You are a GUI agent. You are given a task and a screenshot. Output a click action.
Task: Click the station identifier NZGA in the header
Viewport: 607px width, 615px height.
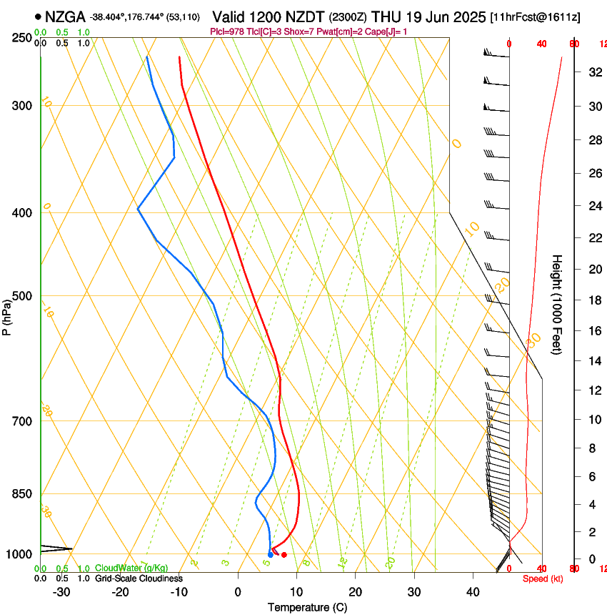click(x=65, y=16)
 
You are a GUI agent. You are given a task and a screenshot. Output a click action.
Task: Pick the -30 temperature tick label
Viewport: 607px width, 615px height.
click(x=61, y=592)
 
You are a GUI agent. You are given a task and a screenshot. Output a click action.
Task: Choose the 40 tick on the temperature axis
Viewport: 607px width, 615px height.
click(x=472, y=592)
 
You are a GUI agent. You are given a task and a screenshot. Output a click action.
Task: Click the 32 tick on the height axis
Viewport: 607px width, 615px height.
click(x=593, y=72)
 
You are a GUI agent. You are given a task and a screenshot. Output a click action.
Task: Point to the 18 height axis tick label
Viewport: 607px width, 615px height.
click(x=593, y=300)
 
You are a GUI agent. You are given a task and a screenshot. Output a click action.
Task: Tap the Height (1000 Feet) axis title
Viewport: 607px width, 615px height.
click(x=557, y=304)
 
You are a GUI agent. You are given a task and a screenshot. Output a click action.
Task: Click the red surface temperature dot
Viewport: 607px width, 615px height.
click(x=284, y=555)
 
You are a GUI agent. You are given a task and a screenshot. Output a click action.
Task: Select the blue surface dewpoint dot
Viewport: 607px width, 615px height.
click(x=270, y=555)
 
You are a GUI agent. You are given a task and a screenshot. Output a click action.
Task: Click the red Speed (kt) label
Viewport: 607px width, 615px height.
click(x=542, y=579)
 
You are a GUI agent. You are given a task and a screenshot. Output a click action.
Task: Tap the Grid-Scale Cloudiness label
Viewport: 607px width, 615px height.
click(x=139, y=579)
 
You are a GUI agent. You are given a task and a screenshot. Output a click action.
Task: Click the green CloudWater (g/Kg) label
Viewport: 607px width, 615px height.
click(x=131, y=568)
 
